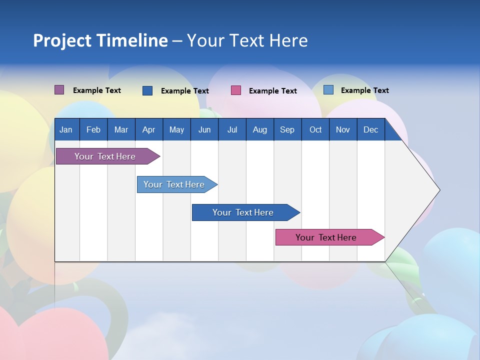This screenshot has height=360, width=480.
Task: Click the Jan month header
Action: pyautogui.click(x=66, y=129)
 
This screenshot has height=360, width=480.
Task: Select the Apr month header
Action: pyautogui.click(x=148, y=129)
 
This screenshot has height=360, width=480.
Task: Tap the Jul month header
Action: pyautogui.click(x=232, y=129)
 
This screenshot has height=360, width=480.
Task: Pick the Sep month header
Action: pyautogui.click(x=287, y=129)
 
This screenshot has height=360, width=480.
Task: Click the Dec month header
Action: pyautogui.click(x=370, y=129)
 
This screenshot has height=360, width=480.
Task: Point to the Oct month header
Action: pyautogui.click(x=315, y=129)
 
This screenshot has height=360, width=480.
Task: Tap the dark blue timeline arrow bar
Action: pyautogui.click(x=243, y=212)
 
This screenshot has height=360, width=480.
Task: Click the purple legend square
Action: pyautogui.click(x=59, y=90)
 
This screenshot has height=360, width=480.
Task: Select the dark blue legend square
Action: pyautogui.click(x=147, y=90)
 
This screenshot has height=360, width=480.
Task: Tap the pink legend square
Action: pyautogui.click(x=236, y=90)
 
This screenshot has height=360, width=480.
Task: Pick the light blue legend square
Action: pyautogui.click(x=328, y=90)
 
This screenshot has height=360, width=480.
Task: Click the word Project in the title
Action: pyautogui.click(x=62, y=40)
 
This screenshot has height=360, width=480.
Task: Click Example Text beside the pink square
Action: pyautogui.click(x=272, y=91)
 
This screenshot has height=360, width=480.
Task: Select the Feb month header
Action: pyautogui.click(x=93, y=129)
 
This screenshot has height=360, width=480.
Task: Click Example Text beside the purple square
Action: pyautogui.click(x=96, y=90)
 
